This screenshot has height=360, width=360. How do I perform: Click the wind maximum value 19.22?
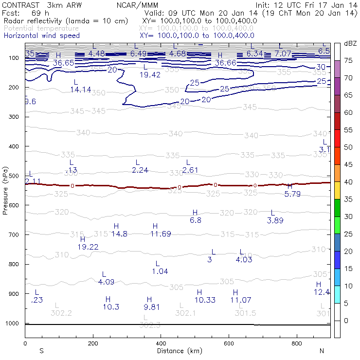click(88, 247)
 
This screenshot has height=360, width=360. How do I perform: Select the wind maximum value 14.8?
click(119, 234)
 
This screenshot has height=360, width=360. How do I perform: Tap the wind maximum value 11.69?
click(161, 234)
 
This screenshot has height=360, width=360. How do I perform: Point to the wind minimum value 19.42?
click(150, 74)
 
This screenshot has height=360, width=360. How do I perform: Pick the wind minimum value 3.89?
click(275, 220)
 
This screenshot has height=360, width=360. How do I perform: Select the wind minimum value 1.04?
click(160, 271)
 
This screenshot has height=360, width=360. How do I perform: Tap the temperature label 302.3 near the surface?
click(150, 324)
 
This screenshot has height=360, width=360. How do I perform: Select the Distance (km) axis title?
click(180, 351)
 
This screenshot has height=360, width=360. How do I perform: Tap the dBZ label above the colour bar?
click(350, 43)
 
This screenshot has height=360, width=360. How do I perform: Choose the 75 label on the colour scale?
click(348, 60)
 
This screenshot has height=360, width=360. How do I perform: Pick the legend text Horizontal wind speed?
click(42, 36)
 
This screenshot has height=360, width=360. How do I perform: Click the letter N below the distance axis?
click(321, 351)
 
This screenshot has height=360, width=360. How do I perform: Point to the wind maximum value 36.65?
click(64, 63)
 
